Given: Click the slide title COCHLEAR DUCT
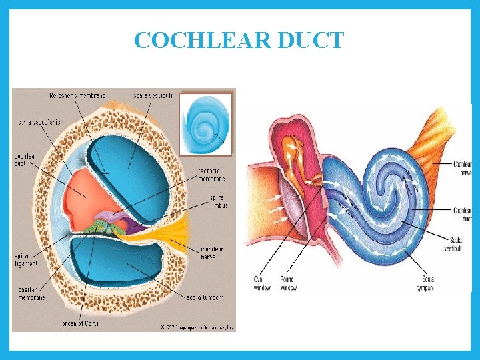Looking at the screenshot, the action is pos(239,40).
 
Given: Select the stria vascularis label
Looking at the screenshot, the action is pos(30,123).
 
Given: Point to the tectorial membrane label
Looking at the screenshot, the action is pos(211,175).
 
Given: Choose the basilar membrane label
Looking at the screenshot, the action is pos(31,293).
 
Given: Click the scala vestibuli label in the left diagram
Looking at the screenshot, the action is pos(157,96).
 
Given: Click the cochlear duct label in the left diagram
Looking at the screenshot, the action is pos(24,160).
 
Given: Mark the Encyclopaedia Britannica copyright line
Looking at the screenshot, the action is pos(197,327).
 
